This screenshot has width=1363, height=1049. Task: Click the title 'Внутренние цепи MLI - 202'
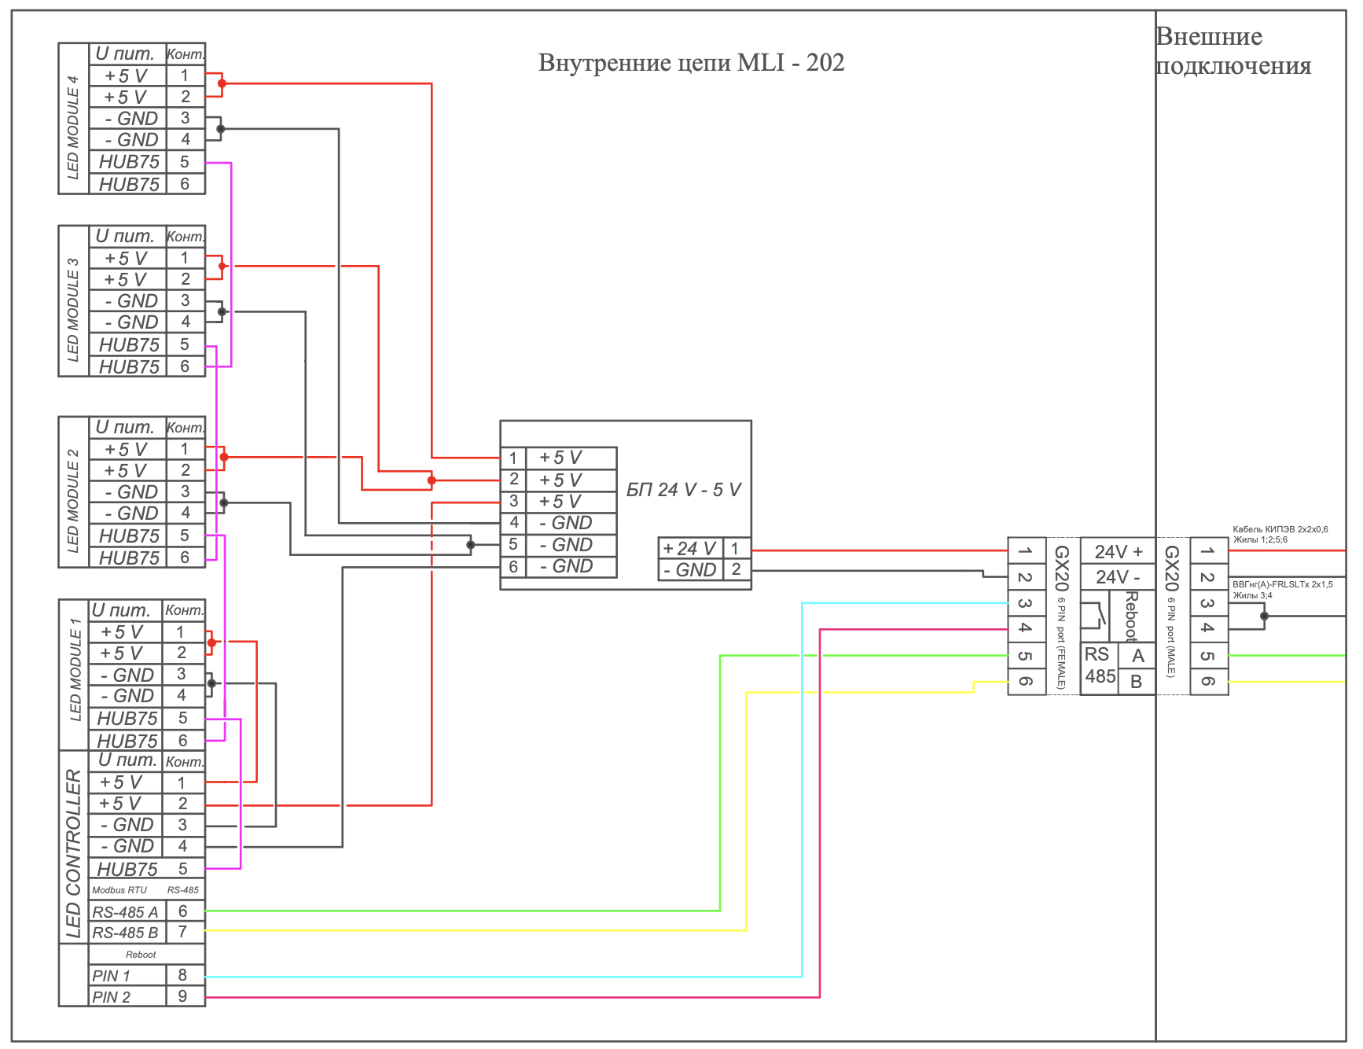[x=691, y=62]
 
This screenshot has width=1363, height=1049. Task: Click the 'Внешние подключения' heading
[x=1233, y=51]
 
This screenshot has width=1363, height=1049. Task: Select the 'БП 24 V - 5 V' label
[x=684, y=489]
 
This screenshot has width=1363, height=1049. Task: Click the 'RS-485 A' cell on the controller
[x=126, y=912]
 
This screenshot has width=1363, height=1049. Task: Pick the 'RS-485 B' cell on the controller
[x=126, y=933]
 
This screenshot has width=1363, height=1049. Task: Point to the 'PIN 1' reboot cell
[x=127, y=976]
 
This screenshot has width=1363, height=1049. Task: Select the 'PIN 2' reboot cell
[x=127, y=997]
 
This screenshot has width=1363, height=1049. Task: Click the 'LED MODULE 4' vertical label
[x=73, y=127]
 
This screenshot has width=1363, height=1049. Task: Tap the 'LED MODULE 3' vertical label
[x=73, y=310]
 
